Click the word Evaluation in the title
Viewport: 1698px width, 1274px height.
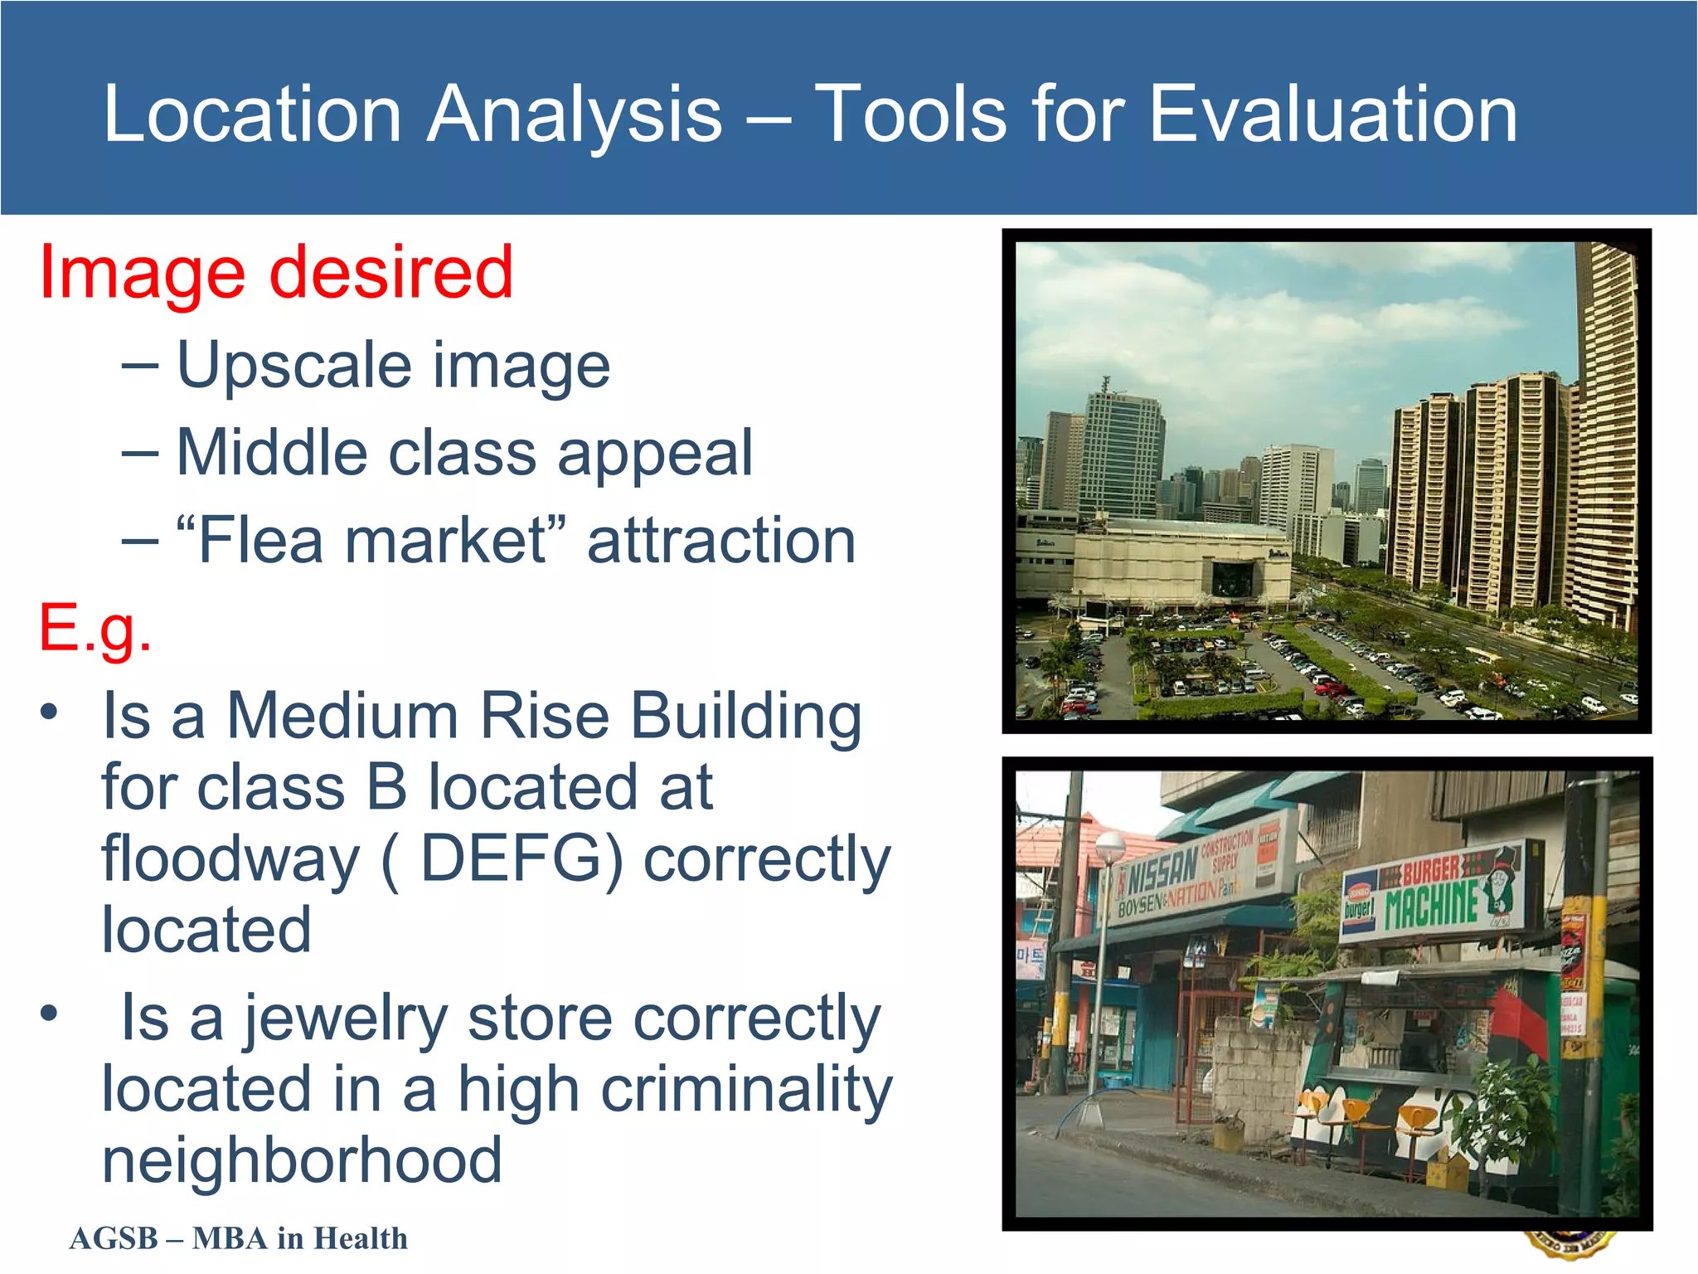1333,114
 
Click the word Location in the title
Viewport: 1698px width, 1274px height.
253,114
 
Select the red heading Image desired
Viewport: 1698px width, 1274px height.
276,273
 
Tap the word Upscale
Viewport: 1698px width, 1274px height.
294,367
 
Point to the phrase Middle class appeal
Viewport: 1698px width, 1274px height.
464,454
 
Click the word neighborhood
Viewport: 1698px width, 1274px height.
302,1160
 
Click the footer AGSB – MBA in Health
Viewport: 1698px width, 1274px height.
239,1238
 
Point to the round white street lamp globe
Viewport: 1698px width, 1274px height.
1109,845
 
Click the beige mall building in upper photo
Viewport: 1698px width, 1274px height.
1161,564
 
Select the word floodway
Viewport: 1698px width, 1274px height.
230,858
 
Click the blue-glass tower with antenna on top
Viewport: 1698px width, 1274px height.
1121,452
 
